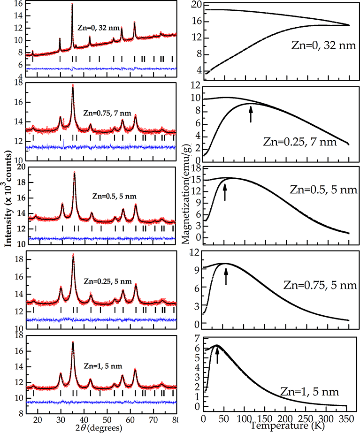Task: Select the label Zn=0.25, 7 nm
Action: click(306, 140)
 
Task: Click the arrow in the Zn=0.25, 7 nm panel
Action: click(251, 114)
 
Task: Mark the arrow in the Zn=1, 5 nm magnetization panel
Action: click(217, 354)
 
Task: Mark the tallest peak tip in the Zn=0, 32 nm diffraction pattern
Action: click(72, 4)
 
